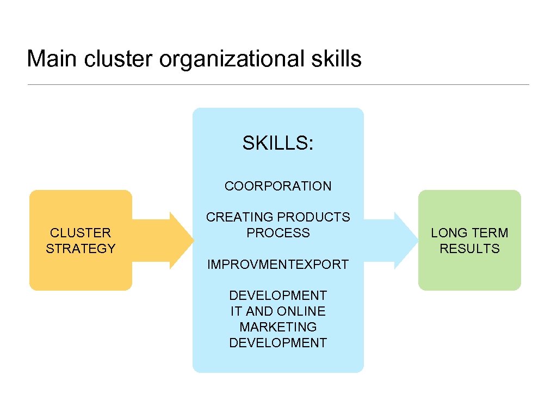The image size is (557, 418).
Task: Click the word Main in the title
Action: click(52, 59)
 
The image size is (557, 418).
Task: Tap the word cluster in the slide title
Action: click(119, 59)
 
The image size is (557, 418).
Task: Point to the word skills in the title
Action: click(337, 59)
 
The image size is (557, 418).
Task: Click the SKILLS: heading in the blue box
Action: click(278, 143)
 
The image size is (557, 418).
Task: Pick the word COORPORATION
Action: click(278, 186)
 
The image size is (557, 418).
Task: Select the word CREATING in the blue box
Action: click(235, 217)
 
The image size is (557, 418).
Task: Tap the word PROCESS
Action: click(278, 233)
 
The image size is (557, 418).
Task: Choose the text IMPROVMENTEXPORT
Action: click(278, 265)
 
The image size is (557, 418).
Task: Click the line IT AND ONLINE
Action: click(278, 311)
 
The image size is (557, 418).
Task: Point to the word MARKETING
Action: click(278, 327)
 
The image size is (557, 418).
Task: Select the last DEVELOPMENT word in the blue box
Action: click(278, 343)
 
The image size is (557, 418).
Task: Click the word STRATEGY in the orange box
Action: click(81, 249)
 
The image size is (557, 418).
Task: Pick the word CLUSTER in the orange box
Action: click(81, 233)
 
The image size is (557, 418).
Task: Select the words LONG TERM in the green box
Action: click(469, 233)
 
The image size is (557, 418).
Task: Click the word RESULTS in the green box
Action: click(469, 249)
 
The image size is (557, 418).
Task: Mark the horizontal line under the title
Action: click(278, 84)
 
